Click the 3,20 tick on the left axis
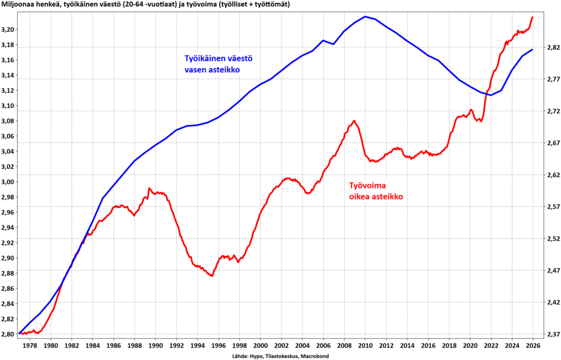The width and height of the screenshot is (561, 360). point(9,29)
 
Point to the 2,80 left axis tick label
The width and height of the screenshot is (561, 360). point(9,334)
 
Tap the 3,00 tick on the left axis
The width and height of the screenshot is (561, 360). point(9,181)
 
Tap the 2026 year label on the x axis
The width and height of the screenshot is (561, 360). point(533,345)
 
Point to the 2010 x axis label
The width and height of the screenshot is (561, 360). point(365,345)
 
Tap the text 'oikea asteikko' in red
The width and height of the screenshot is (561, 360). point(374,196)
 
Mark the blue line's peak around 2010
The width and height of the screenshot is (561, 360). point(365,16)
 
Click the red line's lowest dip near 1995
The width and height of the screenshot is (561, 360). point(211,276)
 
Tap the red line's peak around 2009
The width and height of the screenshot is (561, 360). point(354,121)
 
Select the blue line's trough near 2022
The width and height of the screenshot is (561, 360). point(490,95)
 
